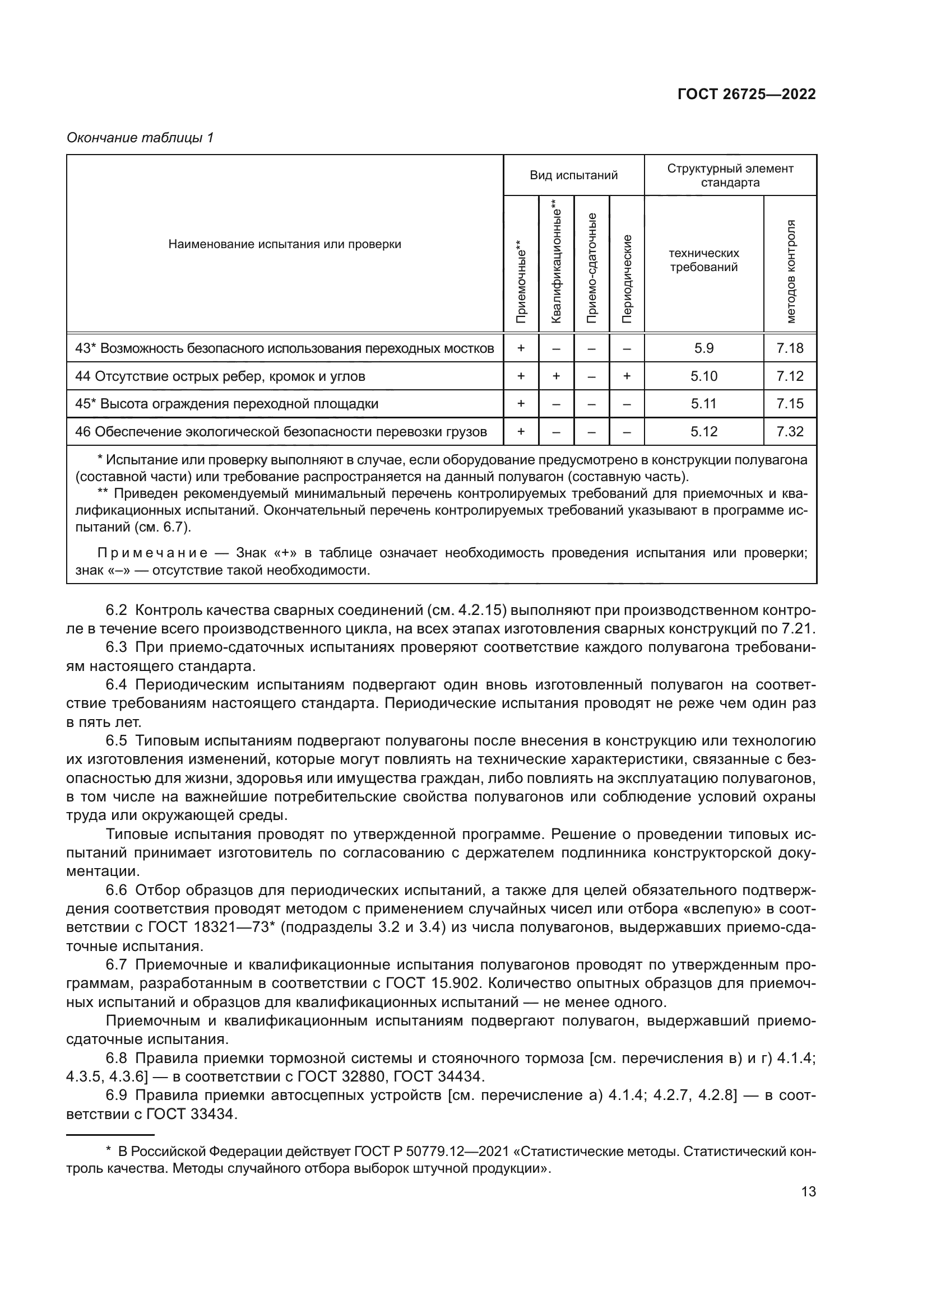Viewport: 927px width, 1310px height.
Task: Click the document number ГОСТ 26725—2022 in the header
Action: click(x=746, y=94)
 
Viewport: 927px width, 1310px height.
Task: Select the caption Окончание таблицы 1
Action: click(x=140, y=138)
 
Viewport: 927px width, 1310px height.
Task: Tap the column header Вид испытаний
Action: click(x=573, y=175)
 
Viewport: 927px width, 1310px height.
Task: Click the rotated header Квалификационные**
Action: click(x=557, y=261)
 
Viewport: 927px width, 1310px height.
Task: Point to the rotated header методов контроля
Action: click(x=790, y=271)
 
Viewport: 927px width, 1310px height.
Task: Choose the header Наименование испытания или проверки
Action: click(x=284, y=244)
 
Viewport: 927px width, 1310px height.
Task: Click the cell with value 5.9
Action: click(x=703, y=348)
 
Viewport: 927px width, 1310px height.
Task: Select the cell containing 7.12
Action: click(x=790, y=376)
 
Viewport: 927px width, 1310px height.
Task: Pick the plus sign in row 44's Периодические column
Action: click(x=627, y=376)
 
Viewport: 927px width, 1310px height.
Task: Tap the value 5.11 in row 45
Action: click(x=703, y=404)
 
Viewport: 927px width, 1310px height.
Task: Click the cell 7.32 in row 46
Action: click(x=790, y=432)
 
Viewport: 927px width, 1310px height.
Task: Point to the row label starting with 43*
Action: click(x=284, y=348)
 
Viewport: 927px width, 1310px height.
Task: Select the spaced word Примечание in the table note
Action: click(x=152, y=553)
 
